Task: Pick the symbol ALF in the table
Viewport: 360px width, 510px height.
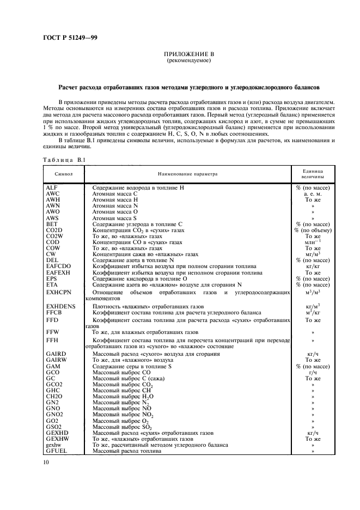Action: [52, 187]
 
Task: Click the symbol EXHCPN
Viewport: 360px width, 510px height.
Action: [58, 292]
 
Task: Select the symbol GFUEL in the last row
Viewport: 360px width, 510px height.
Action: [56, 452]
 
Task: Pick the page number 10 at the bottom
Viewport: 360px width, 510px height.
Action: [46, 463]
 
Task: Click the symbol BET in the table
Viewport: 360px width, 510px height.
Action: [52, 224]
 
